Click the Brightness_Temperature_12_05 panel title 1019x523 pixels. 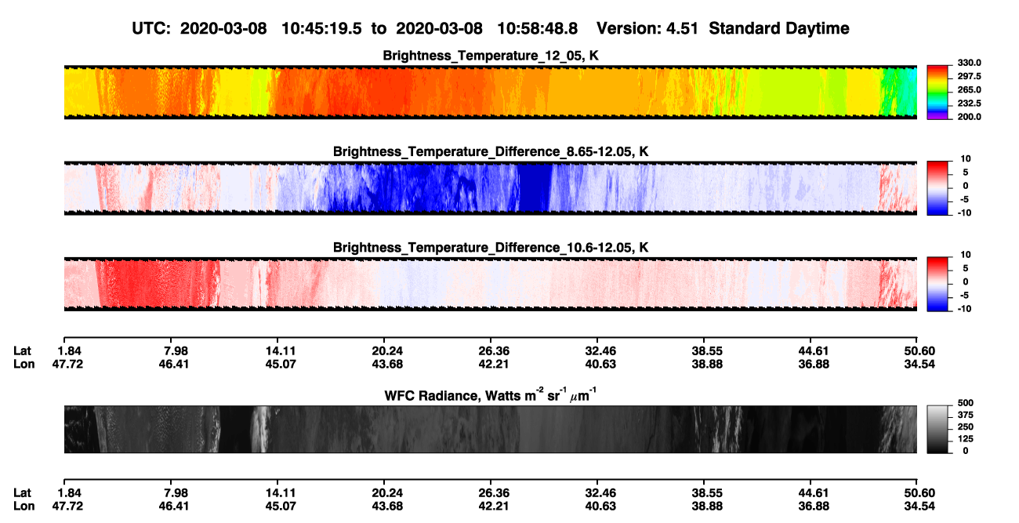click(491, 56)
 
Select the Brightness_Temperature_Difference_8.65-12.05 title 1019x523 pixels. click(491, 151)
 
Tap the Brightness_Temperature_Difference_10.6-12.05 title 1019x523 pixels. click(491, 248)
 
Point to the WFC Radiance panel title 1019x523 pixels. click(491, 395)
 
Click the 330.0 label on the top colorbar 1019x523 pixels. click(969, 63)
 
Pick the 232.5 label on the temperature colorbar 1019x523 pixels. click(969, 104)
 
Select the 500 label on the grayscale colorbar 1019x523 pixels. click(966, 403)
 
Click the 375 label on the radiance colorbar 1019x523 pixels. click(966, 415)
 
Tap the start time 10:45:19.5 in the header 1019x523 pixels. click(321, 29)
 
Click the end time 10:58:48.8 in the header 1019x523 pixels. click(537, 29)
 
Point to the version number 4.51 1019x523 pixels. click(682, 29)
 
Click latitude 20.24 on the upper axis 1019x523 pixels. click(387, 351)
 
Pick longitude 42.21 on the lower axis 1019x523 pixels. click(494, 507)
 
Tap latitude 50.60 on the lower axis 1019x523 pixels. click(919, 493)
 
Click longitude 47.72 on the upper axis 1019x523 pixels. click(67, 364)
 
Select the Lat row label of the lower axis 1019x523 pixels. click(22, 493)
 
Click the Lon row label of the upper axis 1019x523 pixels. click(24, 364)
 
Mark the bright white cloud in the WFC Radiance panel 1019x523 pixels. click(260, 429)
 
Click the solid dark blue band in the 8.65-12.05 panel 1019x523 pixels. click(535, 188)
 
